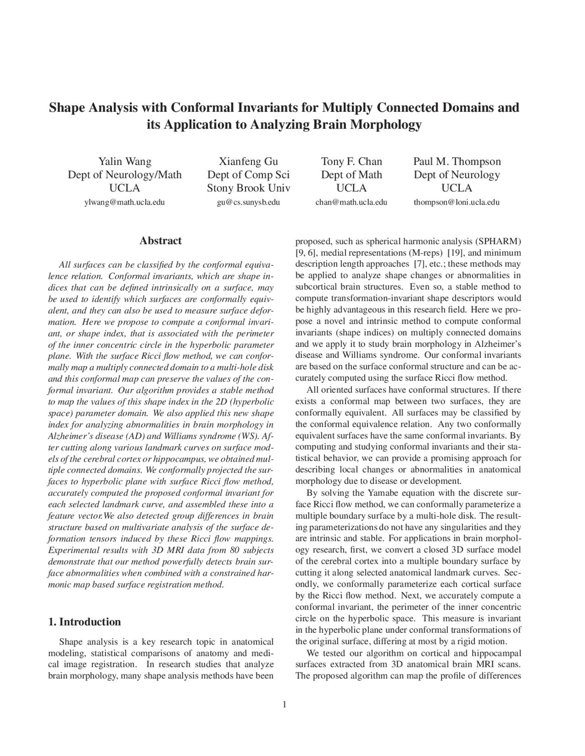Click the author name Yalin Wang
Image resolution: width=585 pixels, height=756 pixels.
coord(125,161)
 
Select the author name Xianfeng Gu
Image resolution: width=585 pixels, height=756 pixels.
coord(248,161)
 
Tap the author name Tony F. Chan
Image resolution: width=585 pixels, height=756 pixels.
coord(351,161)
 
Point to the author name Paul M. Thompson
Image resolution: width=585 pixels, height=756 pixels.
coord(457,161)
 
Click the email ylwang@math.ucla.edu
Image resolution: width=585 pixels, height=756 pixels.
coord(124,202)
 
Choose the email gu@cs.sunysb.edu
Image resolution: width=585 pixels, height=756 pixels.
coord(248,202)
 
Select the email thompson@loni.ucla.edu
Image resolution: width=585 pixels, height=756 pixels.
coord(457,202)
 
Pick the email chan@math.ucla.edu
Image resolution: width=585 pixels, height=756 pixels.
coord(351,202)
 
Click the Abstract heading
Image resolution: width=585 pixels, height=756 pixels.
coord(160,241)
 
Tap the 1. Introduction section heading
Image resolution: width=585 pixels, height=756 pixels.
coord(85,622)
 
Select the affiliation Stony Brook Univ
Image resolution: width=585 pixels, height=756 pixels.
coord(248,188)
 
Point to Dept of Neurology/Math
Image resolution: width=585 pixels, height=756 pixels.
coord(125,175)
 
